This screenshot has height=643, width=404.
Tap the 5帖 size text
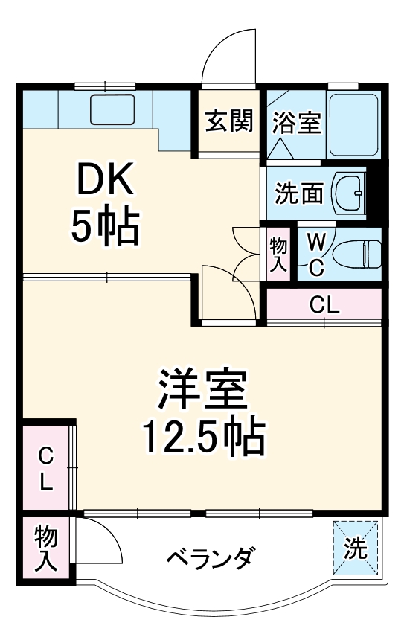click(105, 226)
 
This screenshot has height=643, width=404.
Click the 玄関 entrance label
click(228, 120)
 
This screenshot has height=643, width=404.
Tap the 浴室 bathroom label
click(295, 122)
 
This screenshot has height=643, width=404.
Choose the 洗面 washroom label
click(299, 193)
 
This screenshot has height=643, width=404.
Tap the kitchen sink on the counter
click(112, 109)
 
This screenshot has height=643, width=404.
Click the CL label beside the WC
click(324, 304)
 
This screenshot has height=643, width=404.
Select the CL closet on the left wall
click(45, 468)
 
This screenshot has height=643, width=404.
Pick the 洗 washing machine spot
click(356, 548)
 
